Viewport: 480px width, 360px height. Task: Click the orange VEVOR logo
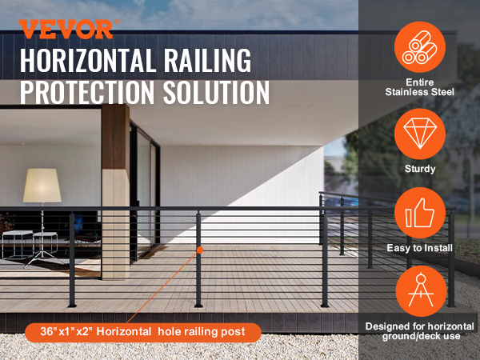click(x=66, y=29)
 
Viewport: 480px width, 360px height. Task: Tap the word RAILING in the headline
click(x=207, y=60)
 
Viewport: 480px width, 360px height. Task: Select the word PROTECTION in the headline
click(x=87, y=92)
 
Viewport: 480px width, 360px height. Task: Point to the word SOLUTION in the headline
click(x=216, y=92)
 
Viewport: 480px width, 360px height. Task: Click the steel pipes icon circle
click(x=420, y=47)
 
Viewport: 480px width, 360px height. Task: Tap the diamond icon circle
click(x=420, y=134)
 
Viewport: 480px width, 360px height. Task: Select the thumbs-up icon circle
click(x=420, y=213)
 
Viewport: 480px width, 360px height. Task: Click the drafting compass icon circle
click(x=421, y=291)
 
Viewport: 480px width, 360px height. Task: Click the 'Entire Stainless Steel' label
click(x=420, y=87)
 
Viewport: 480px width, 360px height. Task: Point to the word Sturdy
click(x=420, y=169)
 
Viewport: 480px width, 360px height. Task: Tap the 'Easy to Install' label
click(x=420, y=248)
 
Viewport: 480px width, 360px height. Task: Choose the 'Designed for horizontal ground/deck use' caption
click(x=420, y=331)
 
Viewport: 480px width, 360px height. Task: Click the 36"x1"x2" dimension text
click(x=66, y=331)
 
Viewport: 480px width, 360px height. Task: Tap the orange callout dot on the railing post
click(x=200, y=250)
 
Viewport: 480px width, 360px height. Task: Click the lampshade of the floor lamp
click(x=42, y=186)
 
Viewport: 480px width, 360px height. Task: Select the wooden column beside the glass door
click(x=115, y=192)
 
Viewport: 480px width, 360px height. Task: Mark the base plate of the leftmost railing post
click(x=72, y=306)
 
